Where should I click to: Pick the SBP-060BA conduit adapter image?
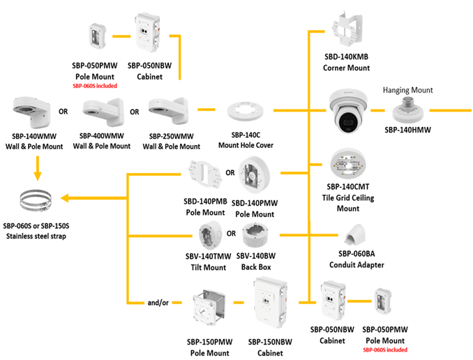tap(357, 239)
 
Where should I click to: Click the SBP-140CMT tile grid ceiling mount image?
tap(347, 165)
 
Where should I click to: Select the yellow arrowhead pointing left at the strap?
tap(64, 201)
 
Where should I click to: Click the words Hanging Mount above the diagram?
tap(407, 90)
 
